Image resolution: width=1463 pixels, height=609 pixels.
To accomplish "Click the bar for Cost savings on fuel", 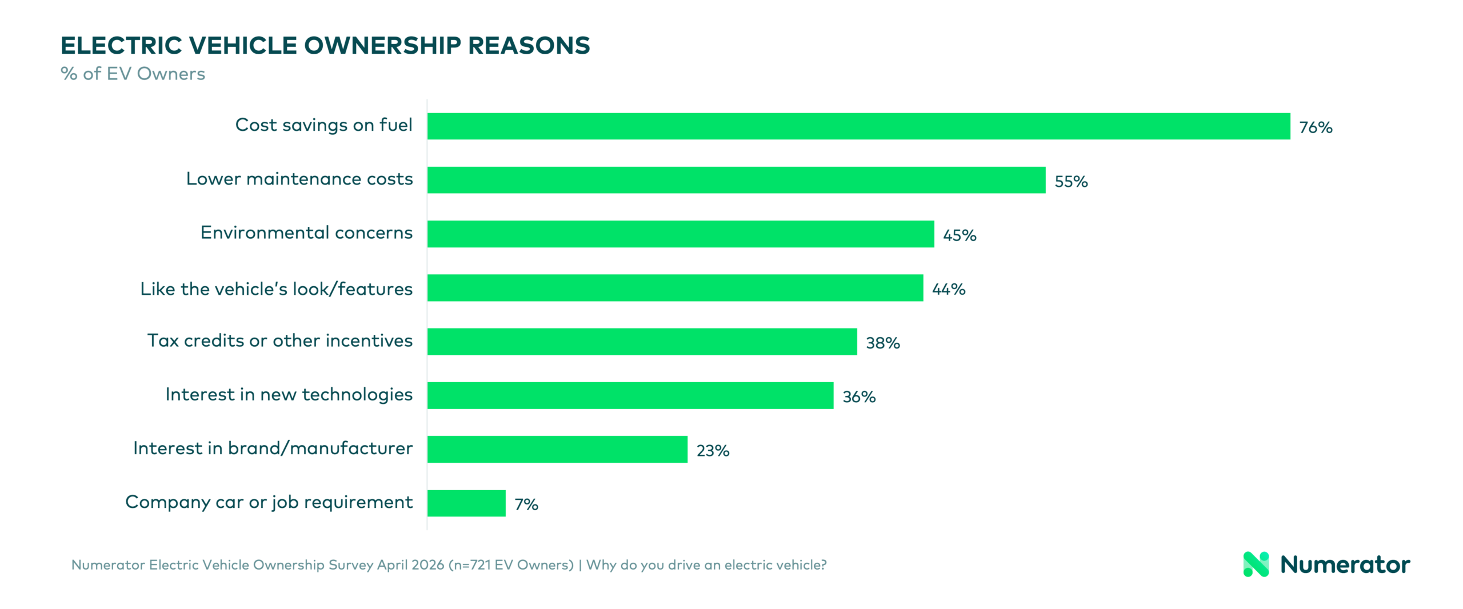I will click(x=858, y=126).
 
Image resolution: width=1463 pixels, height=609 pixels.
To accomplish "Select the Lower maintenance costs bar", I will click(x=736, y=180).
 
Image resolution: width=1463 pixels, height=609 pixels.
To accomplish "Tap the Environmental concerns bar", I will click(x=681, y=234).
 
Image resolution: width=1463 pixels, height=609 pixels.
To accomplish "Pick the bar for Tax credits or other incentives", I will click(x=642, y=342).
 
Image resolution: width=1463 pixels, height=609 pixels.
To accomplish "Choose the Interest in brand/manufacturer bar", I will click(x=557, y=450).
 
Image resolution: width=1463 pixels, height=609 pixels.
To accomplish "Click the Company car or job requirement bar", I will click(x=466, y=503).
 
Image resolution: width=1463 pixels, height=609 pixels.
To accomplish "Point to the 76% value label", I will click(x=1316, y=127).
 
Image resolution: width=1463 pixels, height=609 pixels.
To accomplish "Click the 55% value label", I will click(x=1071, y=182).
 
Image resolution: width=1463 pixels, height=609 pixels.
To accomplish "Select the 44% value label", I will click(x=949, y=289).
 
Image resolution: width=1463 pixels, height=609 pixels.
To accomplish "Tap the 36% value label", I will click(x=859, y=397).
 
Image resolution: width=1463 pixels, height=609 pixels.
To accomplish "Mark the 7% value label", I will click(x=526, y=504).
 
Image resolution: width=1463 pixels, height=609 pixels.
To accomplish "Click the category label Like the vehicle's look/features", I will click(x=277, y=289).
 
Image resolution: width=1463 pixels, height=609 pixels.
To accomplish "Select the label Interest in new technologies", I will click(x=289, y=394).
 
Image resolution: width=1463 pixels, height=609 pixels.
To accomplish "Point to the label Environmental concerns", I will click(x=306, y=233).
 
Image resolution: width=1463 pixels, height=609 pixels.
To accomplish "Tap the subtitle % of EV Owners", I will click(x=133, y=74).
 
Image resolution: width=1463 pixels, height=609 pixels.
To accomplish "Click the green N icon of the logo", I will click(x=1256, y=564).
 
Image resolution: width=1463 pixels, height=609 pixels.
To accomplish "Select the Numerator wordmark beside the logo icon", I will click(x=1345, y=564).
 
